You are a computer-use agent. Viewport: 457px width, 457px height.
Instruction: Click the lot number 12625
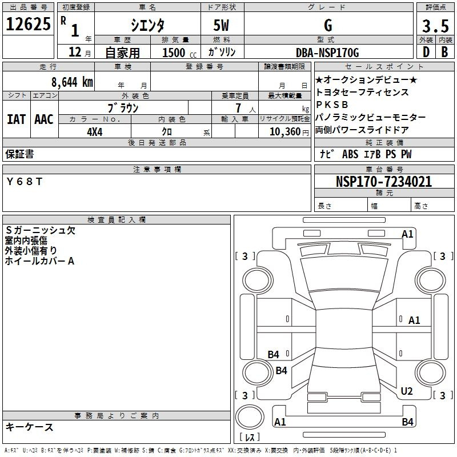(28, 24)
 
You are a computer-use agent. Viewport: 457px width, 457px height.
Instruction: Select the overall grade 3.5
(435, 26)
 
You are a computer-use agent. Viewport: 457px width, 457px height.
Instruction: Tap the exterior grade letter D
(426, 52)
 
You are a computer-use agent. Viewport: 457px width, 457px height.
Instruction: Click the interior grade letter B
(444, 52)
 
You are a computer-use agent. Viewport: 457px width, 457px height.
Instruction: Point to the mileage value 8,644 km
(72, 82)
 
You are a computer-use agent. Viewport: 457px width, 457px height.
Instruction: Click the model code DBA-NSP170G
(327, 53)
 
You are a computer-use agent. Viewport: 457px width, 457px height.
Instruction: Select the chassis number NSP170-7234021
(384, 182)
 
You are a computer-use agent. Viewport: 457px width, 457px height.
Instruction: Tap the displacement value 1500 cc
(179, 53)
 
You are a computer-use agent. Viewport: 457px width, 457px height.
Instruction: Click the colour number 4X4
(95, 132)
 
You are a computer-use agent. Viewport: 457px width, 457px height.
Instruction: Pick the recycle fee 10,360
(285, 131)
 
